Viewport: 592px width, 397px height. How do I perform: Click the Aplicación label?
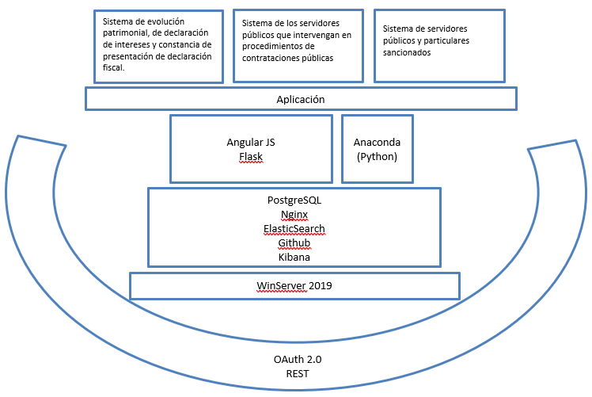tap(301, 99)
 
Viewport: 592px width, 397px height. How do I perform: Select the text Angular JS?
tap(251, 142)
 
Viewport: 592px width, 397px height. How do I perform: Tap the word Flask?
tap(251, 157)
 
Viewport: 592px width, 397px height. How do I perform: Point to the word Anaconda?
tap(377, 142)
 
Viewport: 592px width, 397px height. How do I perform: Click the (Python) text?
tap(377, 157)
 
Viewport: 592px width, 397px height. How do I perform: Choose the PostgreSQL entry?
tap(294, 200)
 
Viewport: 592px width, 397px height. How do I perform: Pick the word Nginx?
tap(294, 215)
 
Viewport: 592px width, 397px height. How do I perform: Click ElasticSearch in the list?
tap(294, 229)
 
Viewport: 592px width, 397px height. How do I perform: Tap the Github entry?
tap(294, 242)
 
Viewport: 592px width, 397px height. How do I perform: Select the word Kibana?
tap(294, 257)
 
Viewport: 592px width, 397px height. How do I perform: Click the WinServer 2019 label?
tap(294, 285)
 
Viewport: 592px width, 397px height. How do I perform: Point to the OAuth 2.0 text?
tap(298, 359)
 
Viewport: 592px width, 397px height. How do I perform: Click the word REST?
tap(298, 373)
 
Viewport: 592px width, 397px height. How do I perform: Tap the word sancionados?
tap(407, 52)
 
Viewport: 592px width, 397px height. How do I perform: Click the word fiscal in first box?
tap(112, 67)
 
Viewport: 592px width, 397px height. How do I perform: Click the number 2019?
tap(321, 285)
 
